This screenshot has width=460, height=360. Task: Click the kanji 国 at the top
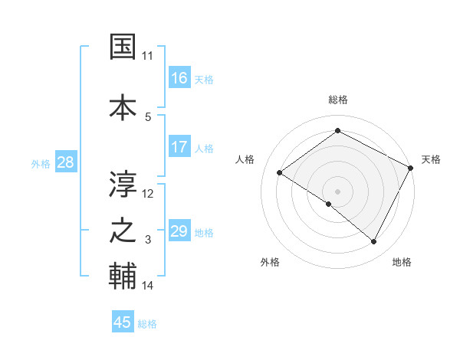point(123,47)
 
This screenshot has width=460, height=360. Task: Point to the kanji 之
point(123,231)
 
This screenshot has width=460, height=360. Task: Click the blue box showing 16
point(179,78)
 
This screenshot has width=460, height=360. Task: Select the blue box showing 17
point(179,147)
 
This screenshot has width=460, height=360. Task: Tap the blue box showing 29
point(179,231)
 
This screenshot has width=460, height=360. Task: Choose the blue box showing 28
point(65,162)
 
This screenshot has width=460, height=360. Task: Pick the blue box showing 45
point(123,322)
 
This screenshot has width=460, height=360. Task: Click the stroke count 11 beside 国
point(148,56)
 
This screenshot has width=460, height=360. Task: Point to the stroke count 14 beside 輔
point(148,286)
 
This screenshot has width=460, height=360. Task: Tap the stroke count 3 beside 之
point(148,240)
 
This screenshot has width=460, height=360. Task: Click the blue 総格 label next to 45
point(147,324)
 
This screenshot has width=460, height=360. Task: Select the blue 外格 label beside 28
point(41,163)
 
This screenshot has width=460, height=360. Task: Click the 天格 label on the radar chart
point(431,159)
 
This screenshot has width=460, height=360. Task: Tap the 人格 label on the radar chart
point(245,159)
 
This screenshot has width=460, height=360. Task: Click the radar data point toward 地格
point(374,242)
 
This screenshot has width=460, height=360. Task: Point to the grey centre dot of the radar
point(337,191)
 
